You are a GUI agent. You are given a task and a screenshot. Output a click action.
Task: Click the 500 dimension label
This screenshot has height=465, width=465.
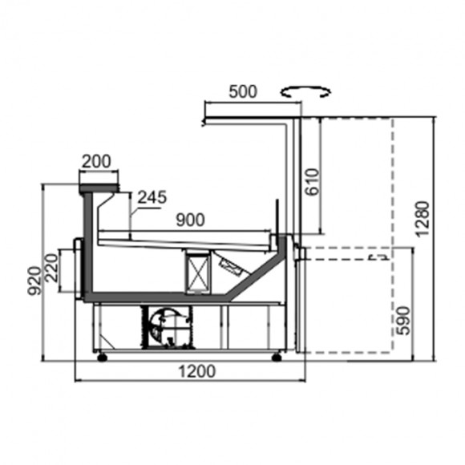click(243, 91)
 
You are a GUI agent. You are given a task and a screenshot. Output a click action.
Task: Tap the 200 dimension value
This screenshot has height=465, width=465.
click(96, 162)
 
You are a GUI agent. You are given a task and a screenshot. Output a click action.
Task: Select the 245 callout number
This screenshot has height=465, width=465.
click(152, 197)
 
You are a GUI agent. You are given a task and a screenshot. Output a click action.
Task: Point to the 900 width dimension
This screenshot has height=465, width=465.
click(190, 220)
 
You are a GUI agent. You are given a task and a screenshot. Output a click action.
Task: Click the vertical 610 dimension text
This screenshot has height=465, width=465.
click(313, 182)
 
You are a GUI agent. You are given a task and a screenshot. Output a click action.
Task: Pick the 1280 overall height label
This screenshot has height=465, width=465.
click(423, 219)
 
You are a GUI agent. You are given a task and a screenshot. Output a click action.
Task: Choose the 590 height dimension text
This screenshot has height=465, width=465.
click(403, 321)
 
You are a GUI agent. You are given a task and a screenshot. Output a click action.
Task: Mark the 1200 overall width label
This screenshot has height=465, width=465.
click(197, 371)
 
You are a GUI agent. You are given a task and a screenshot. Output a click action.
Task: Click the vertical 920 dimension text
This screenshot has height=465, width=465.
click(34, 281)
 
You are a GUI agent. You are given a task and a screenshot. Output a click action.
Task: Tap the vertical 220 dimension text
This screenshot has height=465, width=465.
click(52, 268)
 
